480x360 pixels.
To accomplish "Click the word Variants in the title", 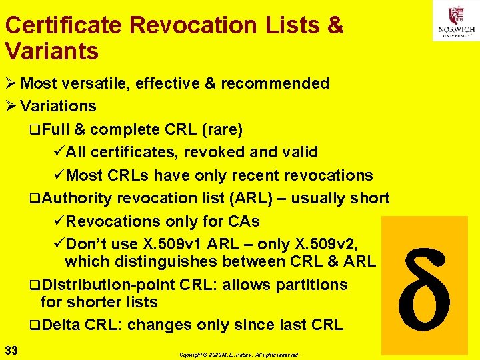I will click(51, 51).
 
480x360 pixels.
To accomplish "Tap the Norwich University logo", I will click(456, 23).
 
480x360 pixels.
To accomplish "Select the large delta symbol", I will click(425, 285).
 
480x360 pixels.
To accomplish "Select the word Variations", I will click(58, 106).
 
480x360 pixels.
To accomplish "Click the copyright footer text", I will click(239, 355).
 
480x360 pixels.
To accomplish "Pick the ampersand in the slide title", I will click(335, 26).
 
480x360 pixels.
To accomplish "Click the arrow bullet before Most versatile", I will click(10, 83).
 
